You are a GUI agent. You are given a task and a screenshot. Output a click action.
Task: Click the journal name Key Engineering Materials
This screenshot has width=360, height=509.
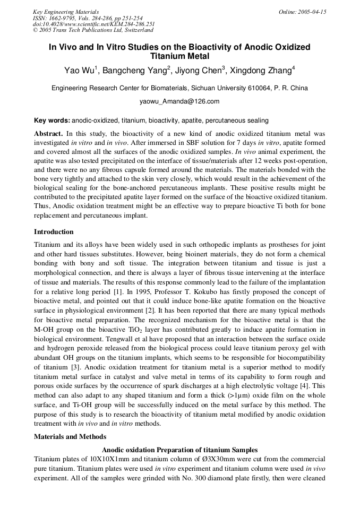tap(66, 12)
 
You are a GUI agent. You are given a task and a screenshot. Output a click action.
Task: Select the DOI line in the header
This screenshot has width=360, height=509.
tap(93, 24)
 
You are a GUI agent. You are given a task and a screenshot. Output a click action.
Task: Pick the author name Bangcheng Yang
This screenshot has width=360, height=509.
tap(141, 71)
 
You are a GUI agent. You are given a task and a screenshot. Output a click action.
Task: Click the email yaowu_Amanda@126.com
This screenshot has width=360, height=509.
tap(179, 101)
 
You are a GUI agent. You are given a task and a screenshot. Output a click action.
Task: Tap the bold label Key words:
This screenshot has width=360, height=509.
tap(52, 120)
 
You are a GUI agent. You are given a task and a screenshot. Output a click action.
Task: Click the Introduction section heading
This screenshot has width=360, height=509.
tap(54, 232)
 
